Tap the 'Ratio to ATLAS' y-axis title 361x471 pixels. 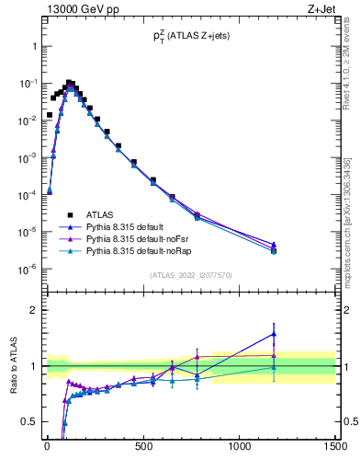pos(13,366)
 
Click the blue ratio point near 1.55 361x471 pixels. pos(299,334)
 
